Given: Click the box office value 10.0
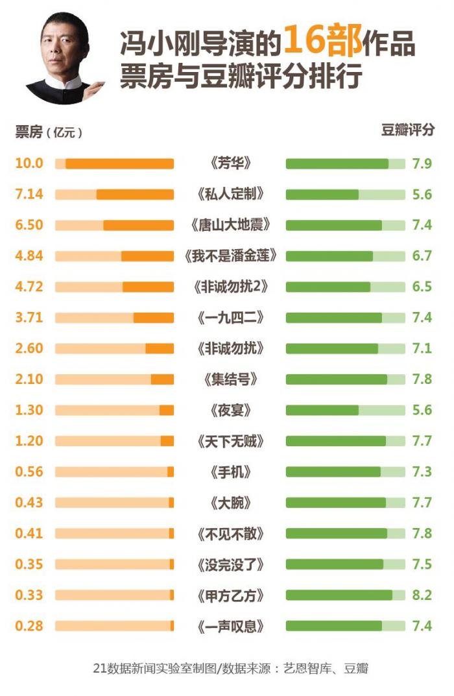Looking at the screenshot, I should click(29, 163).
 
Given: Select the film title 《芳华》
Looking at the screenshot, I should click(230, 163).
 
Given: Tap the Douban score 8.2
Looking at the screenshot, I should click(422, 595).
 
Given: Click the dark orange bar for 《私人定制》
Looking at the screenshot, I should click(135, 194).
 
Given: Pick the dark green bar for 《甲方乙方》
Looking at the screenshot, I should click(339, 595).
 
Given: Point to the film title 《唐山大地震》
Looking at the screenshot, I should click(230, 225).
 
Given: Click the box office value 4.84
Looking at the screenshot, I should click(29, 256).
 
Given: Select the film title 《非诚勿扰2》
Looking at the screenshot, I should click(230, 287).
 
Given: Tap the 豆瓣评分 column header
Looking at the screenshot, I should click(407, 130).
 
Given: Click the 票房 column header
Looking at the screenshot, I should click(29, 132).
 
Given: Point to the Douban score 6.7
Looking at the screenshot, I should click(422, 256).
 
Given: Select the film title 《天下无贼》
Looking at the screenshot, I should click(230, 441).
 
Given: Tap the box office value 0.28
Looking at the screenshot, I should click(29, 626).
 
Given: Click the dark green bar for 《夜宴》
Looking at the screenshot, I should click(322, 410).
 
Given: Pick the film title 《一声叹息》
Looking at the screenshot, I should click(230, 626).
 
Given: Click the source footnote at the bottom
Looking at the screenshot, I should click(230, 668).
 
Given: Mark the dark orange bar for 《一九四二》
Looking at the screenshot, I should click(154, 318).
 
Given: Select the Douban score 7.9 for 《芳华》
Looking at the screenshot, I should click(422, 163).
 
